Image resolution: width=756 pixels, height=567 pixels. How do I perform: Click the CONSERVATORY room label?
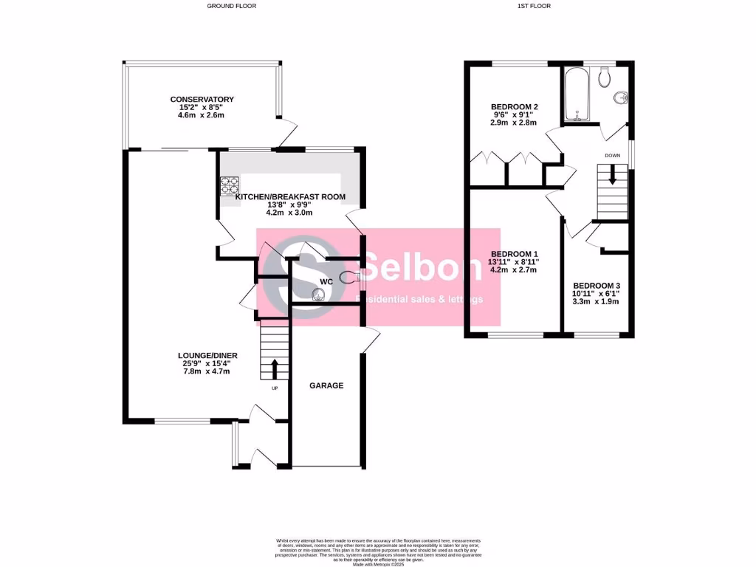pos(202,100)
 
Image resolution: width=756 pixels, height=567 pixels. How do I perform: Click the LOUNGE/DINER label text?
pos(202,355)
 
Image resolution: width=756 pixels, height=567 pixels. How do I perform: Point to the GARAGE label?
pos(326,385)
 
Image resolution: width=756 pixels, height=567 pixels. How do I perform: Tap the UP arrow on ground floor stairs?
pos(275,367)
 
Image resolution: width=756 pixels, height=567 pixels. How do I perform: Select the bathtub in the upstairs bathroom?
pos(576,95)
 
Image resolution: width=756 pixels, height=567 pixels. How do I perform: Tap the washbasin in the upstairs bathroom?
pos(620,98)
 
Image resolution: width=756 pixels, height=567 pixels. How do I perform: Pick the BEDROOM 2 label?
pos(515,107)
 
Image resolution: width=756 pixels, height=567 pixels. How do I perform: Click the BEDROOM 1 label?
pos(515,253)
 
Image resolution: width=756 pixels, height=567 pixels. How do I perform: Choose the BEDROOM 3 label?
pos(597,286)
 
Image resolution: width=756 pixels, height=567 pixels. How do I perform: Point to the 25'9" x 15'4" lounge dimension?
pos(202,363)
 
